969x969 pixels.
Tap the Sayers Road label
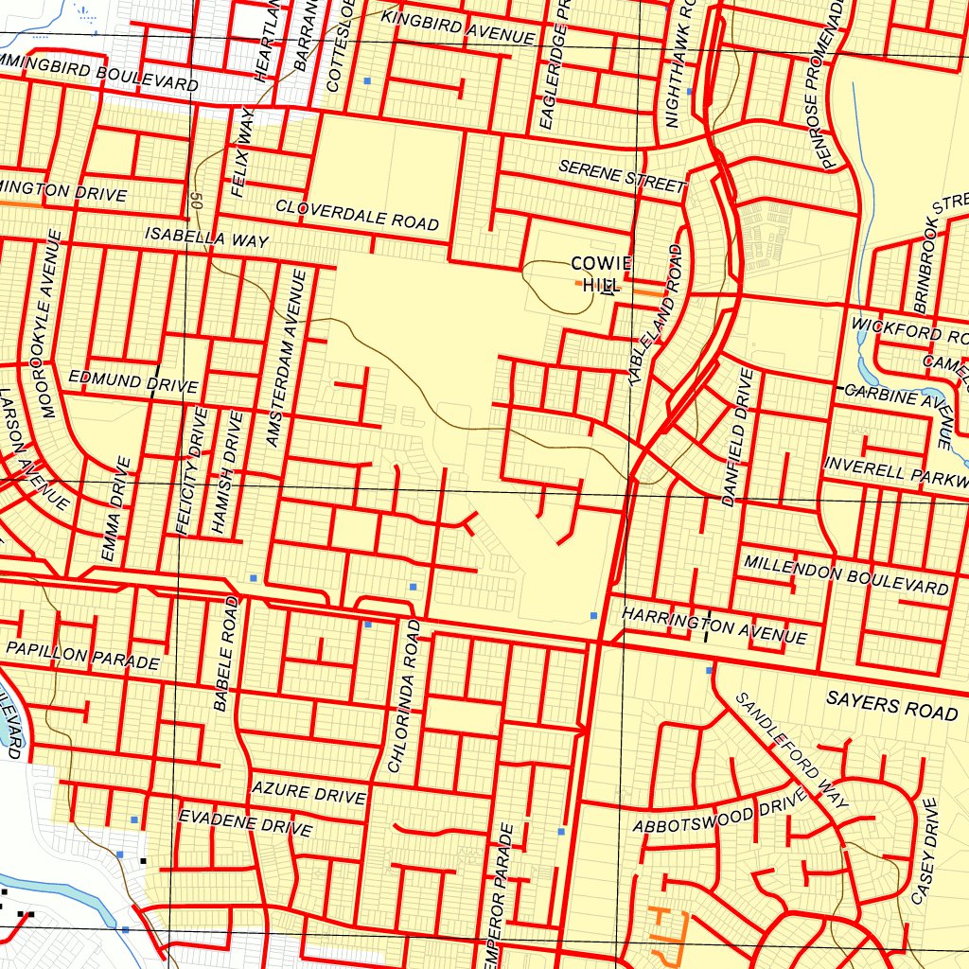(891, 706)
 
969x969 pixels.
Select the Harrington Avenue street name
(714, 625)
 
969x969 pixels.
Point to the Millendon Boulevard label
(846, 574)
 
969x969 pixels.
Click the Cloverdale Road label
(358, 215)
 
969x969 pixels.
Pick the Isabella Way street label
(206, 238)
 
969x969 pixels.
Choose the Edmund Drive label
(132, 382)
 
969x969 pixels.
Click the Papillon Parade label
(82, 655)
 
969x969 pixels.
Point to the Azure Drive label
(308, 793)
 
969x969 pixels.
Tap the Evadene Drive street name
(245, 822)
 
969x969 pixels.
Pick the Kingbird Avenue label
(458, 27)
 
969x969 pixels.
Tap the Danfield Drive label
(738, 437)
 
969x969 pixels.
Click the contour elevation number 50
(196, 200)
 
